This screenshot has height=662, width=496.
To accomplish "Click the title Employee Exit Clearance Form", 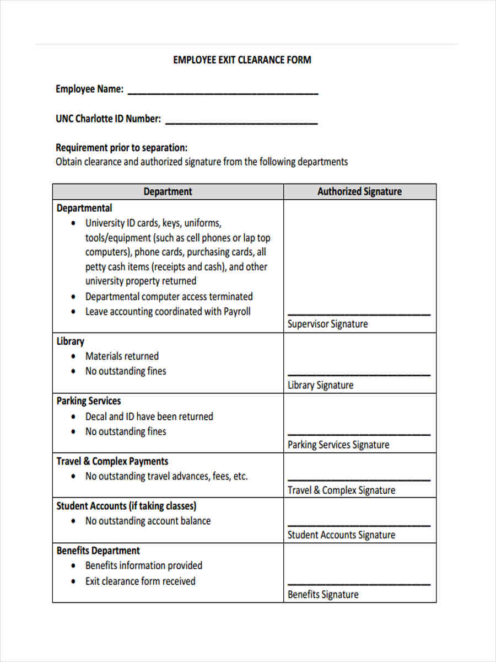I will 242,60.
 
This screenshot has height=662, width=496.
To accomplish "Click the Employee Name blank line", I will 223,93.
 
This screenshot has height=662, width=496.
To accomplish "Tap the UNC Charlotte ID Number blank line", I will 241,122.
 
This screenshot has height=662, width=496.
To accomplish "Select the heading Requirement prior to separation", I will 121,148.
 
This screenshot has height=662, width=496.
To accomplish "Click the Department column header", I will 168,191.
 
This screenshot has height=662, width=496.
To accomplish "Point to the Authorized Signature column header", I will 359,191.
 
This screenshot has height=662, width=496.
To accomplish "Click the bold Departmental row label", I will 84,208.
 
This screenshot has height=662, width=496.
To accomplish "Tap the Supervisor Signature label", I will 327,324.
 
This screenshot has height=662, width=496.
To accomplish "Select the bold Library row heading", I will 70,341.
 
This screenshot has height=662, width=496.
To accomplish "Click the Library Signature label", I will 320,385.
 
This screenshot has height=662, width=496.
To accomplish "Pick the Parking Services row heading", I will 88,401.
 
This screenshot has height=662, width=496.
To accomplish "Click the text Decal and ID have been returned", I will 149,417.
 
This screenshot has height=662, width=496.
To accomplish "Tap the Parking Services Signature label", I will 338,445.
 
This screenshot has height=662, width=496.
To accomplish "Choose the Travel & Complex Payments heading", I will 112,461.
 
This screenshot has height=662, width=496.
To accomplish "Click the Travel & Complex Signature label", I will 341,490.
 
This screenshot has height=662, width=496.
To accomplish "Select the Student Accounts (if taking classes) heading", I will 126,506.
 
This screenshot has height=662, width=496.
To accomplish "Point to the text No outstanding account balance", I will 148,521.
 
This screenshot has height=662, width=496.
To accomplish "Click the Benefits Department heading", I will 98,551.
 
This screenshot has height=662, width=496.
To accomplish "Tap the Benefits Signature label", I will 323,595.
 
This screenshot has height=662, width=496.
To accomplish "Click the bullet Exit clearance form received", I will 140,581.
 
